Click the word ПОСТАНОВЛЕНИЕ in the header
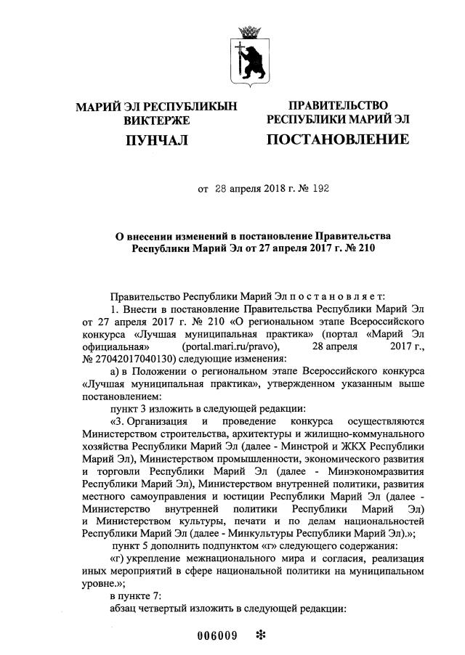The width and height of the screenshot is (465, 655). (x=337, y=139)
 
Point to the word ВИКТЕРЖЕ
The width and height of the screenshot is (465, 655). (x=156, y=119)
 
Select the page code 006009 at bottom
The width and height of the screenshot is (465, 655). (x=218, y=636)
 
